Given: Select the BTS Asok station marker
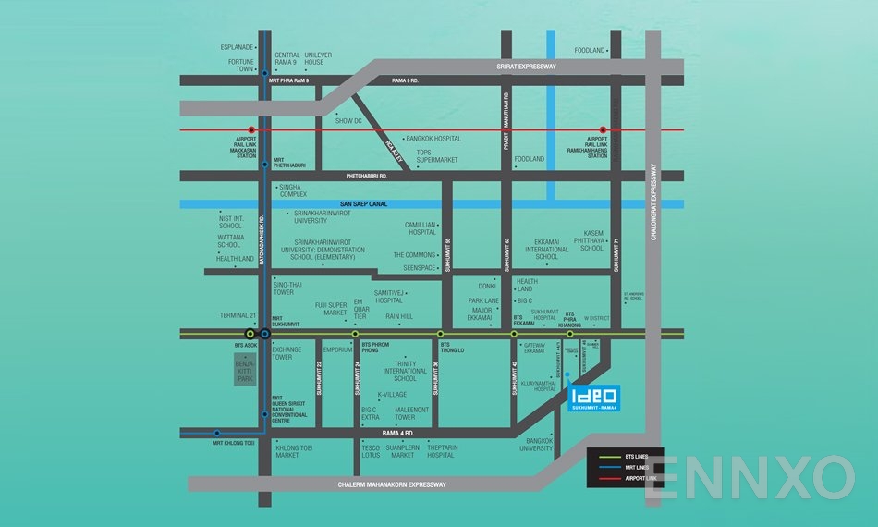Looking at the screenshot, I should pyautogui.click(x=250, y=333).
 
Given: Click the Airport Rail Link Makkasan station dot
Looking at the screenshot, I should pyautogui.click(x=251, y=130).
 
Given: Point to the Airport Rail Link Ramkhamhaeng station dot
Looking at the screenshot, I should pyautogui.click(x=603, y=130).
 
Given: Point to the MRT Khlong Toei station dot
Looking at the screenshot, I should pyautogui.click(x=217, y=432).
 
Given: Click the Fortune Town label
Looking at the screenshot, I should pyautogui.click(x=241, y=65).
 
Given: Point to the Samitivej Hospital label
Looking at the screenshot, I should pyautogui.click(x=389, y=295).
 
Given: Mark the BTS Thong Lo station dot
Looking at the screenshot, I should pyautogui.click(x=440, y=333).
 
